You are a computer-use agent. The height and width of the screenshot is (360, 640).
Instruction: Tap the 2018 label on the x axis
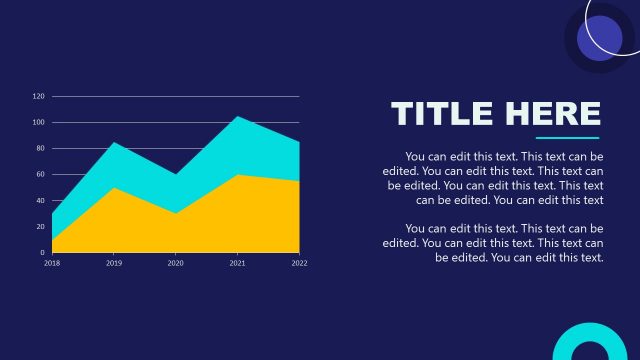tap(51, 263)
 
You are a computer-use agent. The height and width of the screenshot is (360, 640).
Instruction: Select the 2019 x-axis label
tap(113, 263)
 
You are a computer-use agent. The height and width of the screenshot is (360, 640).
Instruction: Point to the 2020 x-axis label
tap(175, 263)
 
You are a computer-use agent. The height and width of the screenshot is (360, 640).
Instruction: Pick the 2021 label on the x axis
tap(237, 263)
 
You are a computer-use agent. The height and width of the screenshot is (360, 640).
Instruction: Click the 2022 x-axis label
tap(299, 263)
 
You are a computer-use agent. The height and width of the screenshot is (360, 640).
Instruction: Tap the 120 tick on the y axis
tap(39, 97)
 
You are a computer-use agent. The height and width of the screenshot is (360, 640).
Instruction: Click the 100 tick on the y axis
tap(39, 123)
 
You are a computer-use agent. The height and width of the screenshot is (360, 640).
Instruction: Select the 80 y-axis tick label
tap(40, 149)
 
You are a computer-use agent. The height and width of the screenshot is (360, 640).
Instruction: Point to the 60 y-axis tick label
tap(40, 175)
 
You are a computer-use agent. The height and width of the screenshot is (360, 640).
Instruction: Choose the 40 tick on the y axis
tap(40, 201)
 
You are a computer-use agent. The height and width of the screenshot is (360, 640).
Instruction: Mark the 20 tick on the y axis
tap(40, 227)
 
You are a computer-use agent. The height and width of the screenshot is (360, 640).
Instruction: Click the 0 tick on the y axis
tap(42, 253)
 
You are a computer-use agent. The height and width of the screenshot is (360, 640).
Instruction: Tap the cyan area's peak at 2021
tap(237, 119)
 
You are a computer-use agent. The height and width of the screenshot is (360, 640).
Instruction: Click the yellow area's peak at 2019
tap(113, 190)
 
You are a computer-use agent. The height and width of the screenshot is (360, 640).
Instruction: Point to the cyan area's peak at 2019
tap(113, 145)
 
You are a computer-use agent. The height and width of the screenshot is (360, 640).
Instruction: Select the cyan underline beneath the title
tap(567, 138)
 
